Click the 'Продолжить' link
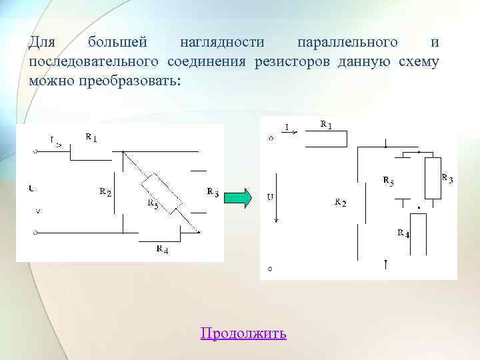[243, 333]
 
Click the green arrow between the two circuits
[241, 198]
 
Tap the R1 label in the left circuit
[91, 138]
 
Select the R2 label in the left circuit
[105, 192]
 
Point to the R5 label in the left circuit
[152, 204]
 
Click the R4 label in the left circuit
[162, 249]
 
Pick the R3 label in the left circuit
[213, 193]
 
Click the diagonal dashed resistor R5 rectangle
[161, 193]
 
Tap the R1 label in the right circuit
[327, 125]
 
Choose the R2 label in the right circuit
[340, 202]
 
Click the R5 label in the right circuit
[388, 181]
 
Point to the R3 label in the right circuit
[447, 178]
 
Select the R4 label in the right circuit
[403, 233]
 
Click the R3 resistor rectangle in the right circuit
[433, 179]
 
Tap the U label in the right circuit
[270, 197]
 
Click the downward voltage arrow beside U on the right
[277, 200]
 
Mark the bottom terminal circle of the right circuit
[269, 270]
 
